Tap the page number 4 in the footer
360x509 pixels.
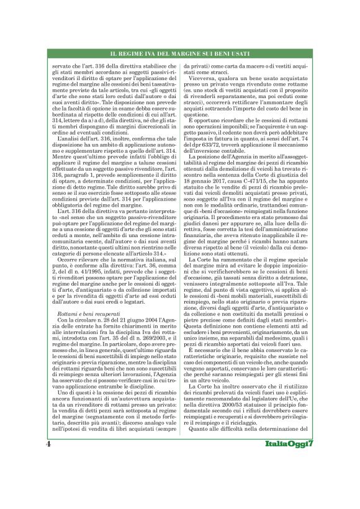tap(48, 478)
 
